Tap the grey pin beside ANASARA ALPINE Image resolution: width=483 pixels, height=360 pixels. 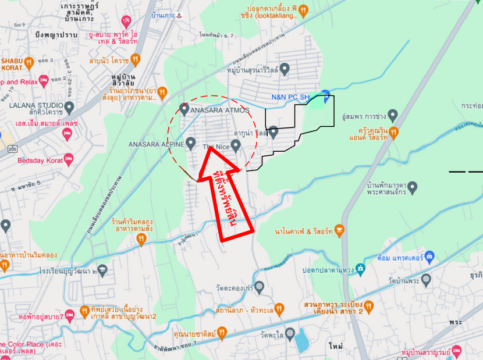(x=191, y=144)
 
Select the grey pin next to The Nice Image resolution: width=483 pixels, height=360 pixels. (x=236, y=146)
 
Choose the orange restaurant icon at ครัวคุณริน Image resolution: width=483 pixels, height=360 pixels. (x=394, y=133)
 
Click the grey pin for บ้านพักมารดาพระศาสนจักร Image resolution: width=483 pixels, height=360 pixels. (x=413, y=188)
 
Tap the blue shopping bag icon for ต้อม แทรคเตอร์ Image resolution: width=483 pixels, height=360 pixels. (x=429, y=255)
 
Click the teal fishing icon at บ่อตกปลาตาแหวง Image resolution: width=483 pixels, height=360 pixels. (x=361, y=268)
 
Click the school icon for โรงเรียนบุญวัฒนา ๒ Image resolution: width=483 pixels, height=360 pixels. (x=103, y=269)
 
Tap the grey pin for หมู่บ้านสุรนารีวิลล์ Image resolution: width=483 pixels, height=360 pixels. (x=284, y=70)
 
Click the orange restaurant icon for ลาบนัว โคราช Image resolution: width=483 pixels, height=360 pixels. (x=135, y=59)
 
